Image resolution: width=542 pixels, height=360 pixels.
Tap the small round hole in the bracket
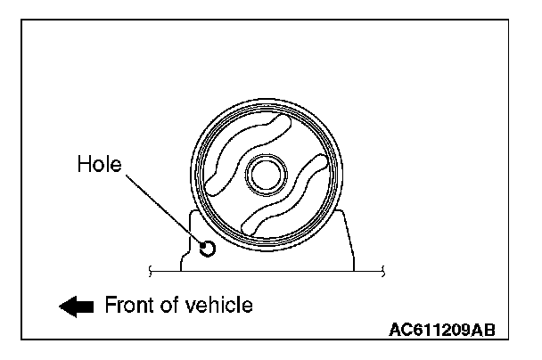(207, 249)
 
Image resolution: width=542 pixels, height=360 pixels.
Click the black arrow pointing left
(77, 306)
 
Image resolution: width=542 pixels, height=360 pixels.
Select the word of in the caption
(172, 305)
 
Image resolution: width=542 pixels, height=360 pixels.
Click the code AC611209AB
(441, 329)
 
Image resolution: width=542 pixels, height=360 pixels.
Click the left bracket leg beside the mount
(193, 236)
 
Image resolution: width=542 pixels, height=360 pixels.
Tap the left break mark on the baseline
(154, 268)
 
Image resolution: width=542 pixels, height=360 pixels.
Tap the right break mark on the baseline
(382, 268)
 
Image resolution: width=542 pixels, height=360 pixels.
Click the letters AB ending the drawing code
(482, 329)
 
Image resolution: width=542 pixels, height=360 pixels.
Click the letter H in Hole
(84, 165)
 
